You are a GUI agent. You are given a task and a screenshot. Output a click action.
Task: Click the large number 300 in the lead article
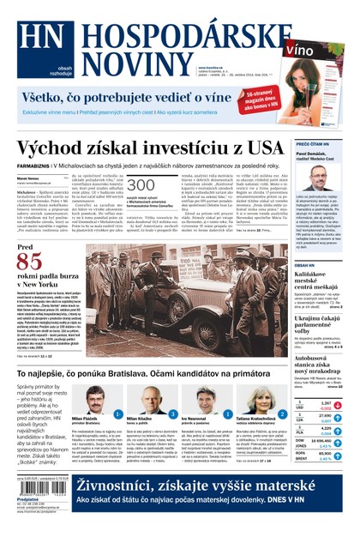141,186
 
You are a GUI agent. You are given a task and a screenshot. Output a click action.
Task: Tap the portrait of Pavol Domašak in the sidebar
318,178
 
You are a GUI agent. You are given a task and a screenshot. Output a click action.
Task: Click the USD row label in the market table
300,403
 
